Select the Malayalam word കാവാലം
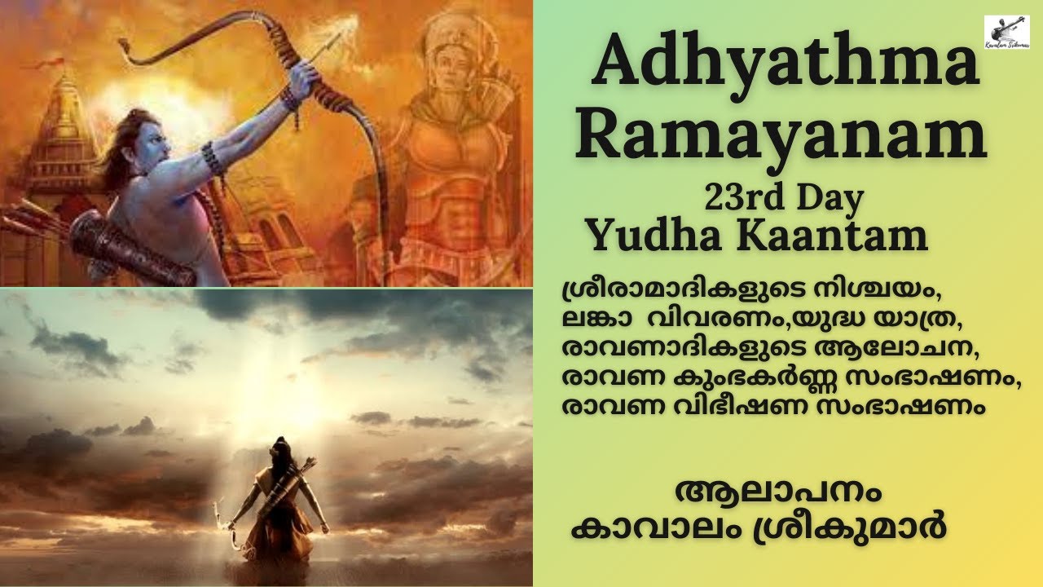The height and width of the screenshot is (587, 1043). (641, 527)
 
